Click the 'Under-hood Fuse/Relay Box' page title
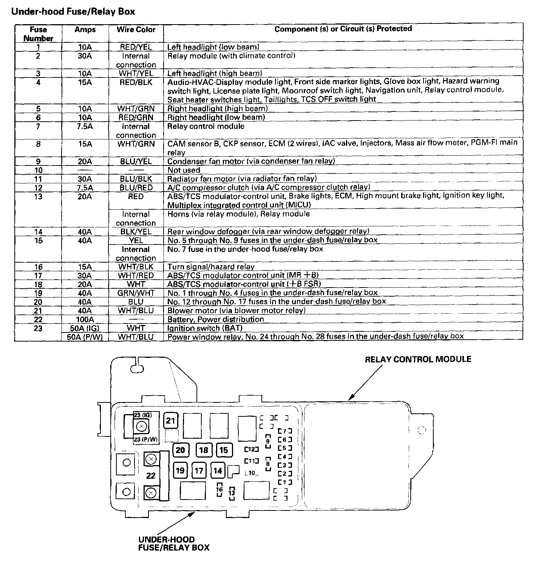(73, 12)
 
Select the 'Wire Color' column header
(136, 29)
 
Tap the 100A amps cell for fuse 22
(85, 319)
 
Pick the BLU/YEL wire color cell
(136, 161)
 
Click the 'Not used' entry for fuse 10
(184, 170)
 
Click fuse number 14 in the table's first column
(38, 232)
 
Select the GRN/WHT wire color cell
(136, 293)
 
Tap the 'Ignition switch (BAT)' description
(205, 328)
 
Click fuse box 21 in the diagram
(171, 421)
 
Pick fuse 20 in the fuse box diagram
(181, 450)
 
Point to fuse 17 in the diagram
(199, 471)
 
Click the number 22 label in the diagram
(151, 475)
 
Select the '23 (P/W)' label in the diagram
(145, 439)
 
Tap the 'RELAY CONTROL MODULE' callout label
(418, 359)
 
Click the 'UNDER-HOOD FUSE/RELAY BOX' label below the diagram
(174, 543)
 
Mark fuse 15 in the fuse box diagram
(224, 450)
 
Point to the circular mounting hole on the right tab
(422, 430)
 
